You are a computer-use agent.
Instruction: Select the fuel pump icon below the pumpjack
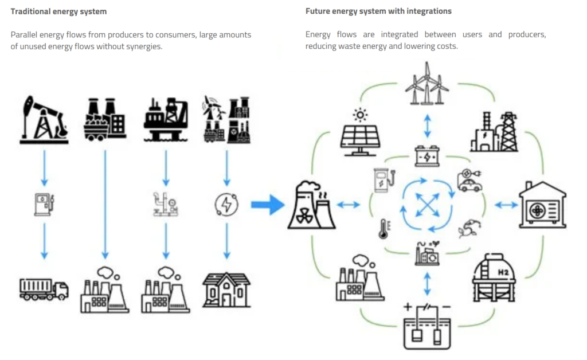(x=44, y=204)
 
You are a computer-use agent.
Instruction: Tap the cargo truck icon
(x=44, y=288)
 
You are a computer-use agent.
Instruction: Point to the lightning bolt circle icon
(x=226, y=204)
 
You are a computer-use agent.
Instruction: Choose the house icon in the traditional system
(x=226, y=289)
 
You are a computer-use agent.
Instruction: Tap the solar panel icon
(x=360, y=133)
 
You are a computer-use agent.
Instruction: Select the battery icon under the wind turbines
(x=426, y=155)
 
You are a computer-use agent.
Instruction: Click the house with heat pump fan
(x=542, y=205)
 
